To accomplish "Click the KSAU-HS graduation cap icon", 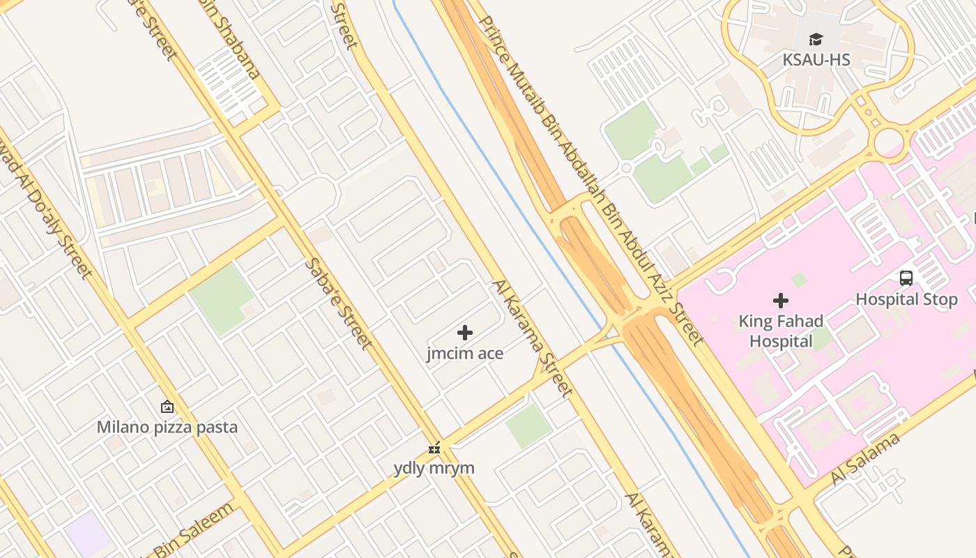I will point(816,39).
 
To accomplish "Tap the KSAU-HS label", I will point(816,60).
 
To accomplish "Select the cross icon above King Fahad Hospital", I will point(781,301).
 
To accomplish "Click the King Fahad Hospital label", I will point(781,331).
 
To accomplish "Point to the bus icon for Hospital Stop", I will point(906,278).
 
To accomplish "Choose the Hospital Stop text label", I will point(906,299).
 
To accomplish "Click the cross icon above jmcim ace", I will point(465,333).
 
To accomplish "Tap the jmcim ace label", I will point(465,354).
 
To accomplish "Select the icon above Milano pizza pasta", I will point(167,407).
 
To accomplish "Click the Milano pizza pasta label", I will point(167,427).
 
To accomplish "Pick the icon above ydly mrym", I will point(434,447).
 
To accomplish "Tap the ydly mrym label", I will point(434,467).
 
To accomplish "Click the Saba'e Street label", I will point(338,304).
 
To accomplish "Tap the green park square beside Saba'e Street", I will point(222,299).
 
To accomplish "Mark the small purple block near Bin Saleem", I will point(87,534).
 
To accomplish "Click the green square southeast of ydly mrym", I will point(528,425).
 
